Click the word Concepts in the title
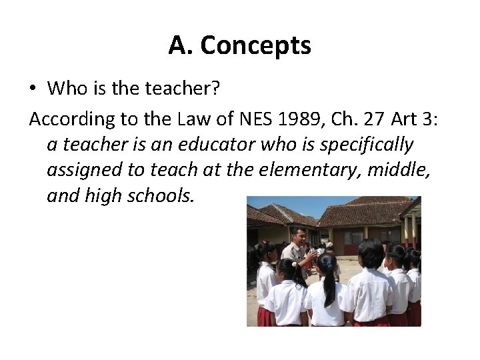click(255, 45)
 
